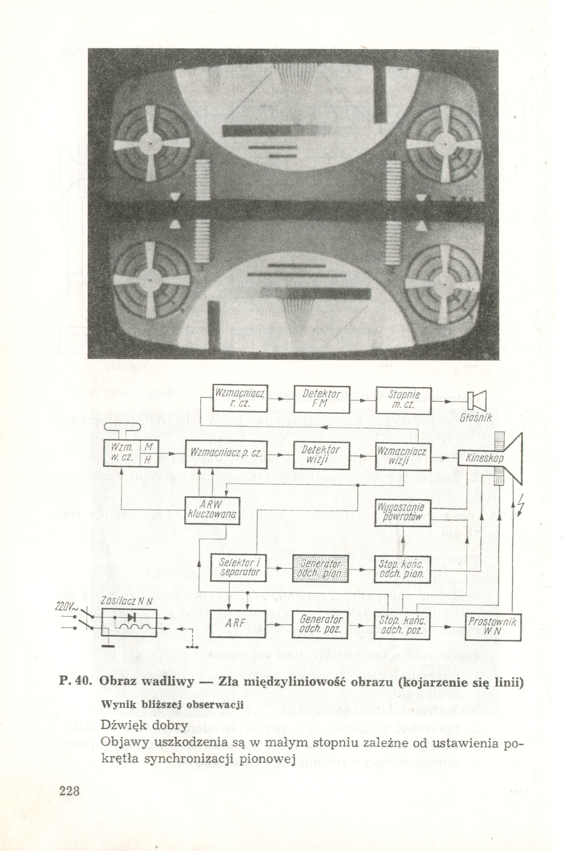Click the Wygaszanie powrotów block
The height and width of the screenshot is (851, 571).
pos(402,512)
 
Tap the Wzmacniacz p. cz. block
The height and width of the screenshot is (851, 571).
pos(227,454)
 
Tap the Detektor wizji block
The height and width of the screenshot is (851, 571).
pos(322,455)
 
